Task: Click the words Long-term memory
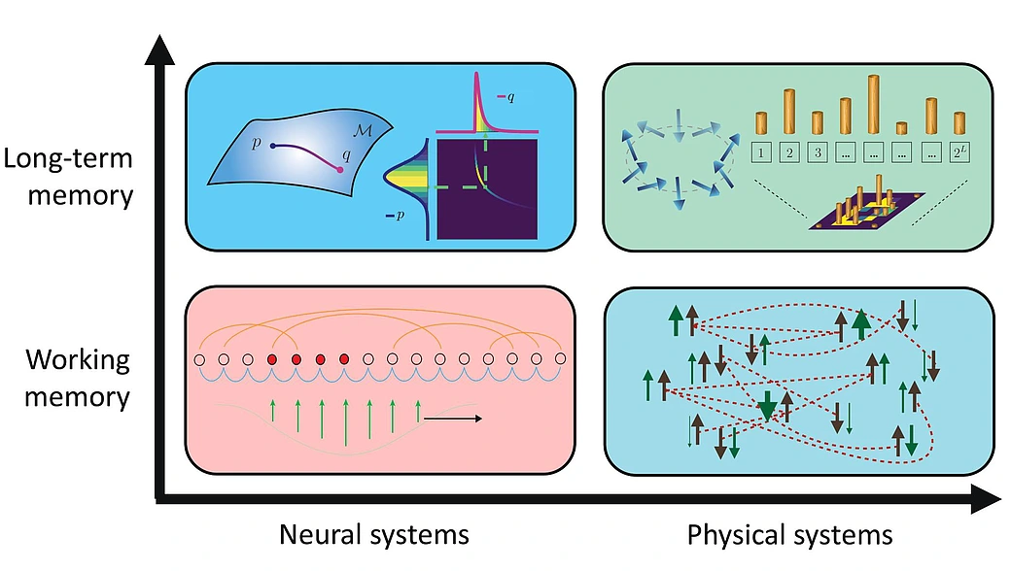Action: pos(80,176)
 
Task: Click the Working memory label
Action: pos(78,378)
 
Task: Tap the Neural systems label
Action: pos(374,534)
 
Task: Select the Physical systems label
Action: pos(789,534)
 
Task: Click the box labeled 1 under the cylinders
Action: pos(762,152)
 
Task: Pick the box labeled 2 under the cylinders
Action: pos(789,152)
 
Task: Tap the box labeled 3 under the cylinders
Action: pos(818,152)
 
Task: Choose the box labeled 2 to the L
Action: pos(960,152)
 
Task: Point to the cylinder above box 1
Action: pos(762,123)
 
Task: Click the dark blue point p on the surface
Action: pos(275,147)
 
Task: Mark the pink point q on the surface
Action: pos(339,169)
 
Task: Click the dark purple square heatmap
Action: pos(487,189)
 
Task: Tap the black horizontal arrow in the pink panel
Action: pos(453,419)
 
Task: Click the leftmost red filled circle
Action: pos(272,360)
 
